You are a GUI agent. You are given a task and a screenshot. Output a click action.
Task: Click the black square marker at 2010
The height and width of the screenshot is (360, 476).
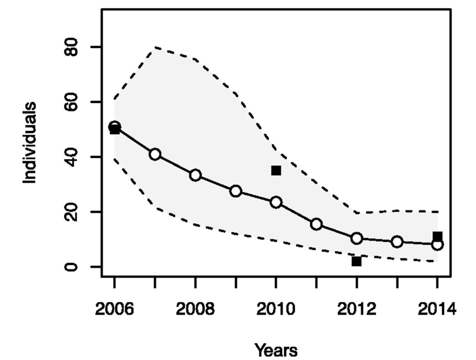pos(276,170)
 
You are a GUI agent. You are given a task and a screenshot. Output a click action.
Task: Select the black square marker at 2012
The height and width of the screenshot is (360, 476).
pos(357,261)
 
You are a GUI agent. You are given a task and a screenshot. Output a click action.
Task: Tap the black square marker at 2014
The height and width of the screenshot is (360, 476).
pos(437,237)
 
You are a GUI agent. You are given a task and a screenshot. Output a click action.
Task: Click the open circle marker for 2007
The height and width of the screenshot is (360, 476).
pos(155,154)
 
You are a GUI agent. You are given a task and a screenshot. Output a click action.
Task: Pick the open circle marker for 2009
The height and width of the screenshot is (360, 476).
pos(235,191)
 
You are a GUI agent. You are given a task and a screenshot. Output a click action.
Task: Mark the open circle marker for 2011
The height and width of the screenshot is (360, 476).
pos(316,224)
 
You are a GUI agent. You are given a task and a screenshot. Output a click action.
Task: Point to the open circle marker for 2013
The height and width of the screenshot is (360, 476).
pos(397,242)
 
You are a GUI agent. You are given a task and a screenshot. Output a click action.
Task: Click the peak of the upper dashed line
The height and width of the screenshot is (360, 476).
pos(155,47)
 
